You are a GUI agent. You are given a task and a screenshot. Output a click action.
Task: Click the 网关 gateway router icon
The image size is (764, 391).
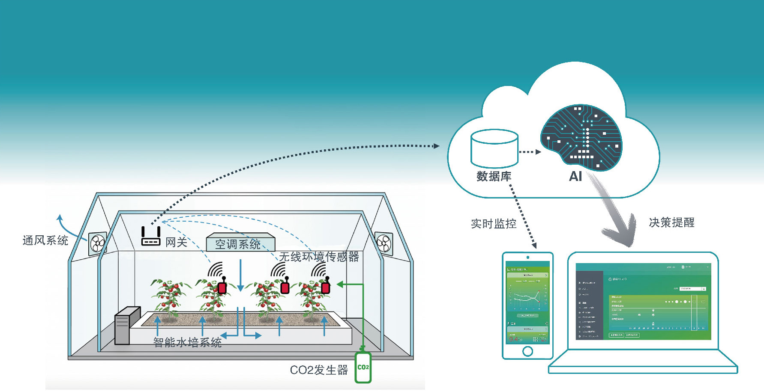(x=151, y=237)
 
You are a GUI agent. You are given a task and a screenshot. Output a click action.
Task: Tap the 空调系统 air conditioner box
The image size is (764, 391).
(x=240, y=242)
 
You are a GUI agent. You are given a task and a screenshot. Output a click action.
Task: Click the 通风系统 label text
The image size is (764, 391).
(x=45, y=240)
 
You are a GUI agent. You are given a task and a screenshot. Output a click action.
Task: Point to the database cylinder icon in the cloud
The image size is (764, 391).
(x=494, y=148)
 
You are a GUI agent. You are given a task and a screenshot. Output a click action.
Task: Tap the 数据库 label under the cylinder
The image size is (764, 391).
(x=494, y=176)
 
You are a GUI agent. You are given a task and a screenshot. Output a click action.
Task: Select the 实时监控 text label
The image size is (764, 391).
(x=494, y=224)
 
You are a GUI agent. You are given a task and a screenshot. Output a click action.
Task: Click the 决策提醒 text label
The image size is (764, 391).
(x=671, y=222)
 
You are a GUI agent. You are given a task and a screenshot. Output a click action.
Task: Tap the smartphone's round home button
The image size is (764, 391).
(x=527, y=351)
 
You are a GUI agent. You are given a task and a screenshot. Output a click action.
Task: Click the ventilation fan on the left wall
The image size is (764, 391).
(x=98, y=243)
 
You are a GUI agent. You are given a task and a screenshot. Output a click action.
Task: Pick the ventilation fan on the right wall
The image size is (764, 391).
(x=383, y=243)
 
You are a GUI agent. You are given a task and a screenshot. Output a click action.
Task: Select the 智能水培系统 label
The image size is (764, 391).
(x=187, y=342)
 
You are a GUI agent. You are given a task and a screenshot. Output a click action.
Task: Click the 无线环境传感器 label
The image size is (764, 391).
(x=319, y=257)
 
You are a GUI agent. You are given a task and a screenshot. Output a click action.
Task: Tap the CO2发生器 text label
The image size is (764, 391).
(x=319, y=370)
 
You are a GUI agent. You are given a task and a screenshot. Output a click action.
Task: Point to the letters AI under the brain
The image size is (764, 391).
(x=575, y=177)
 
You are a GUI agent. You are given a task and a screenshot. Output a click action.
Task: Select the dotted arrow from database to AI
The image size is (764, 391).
(x=530, y=152)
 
